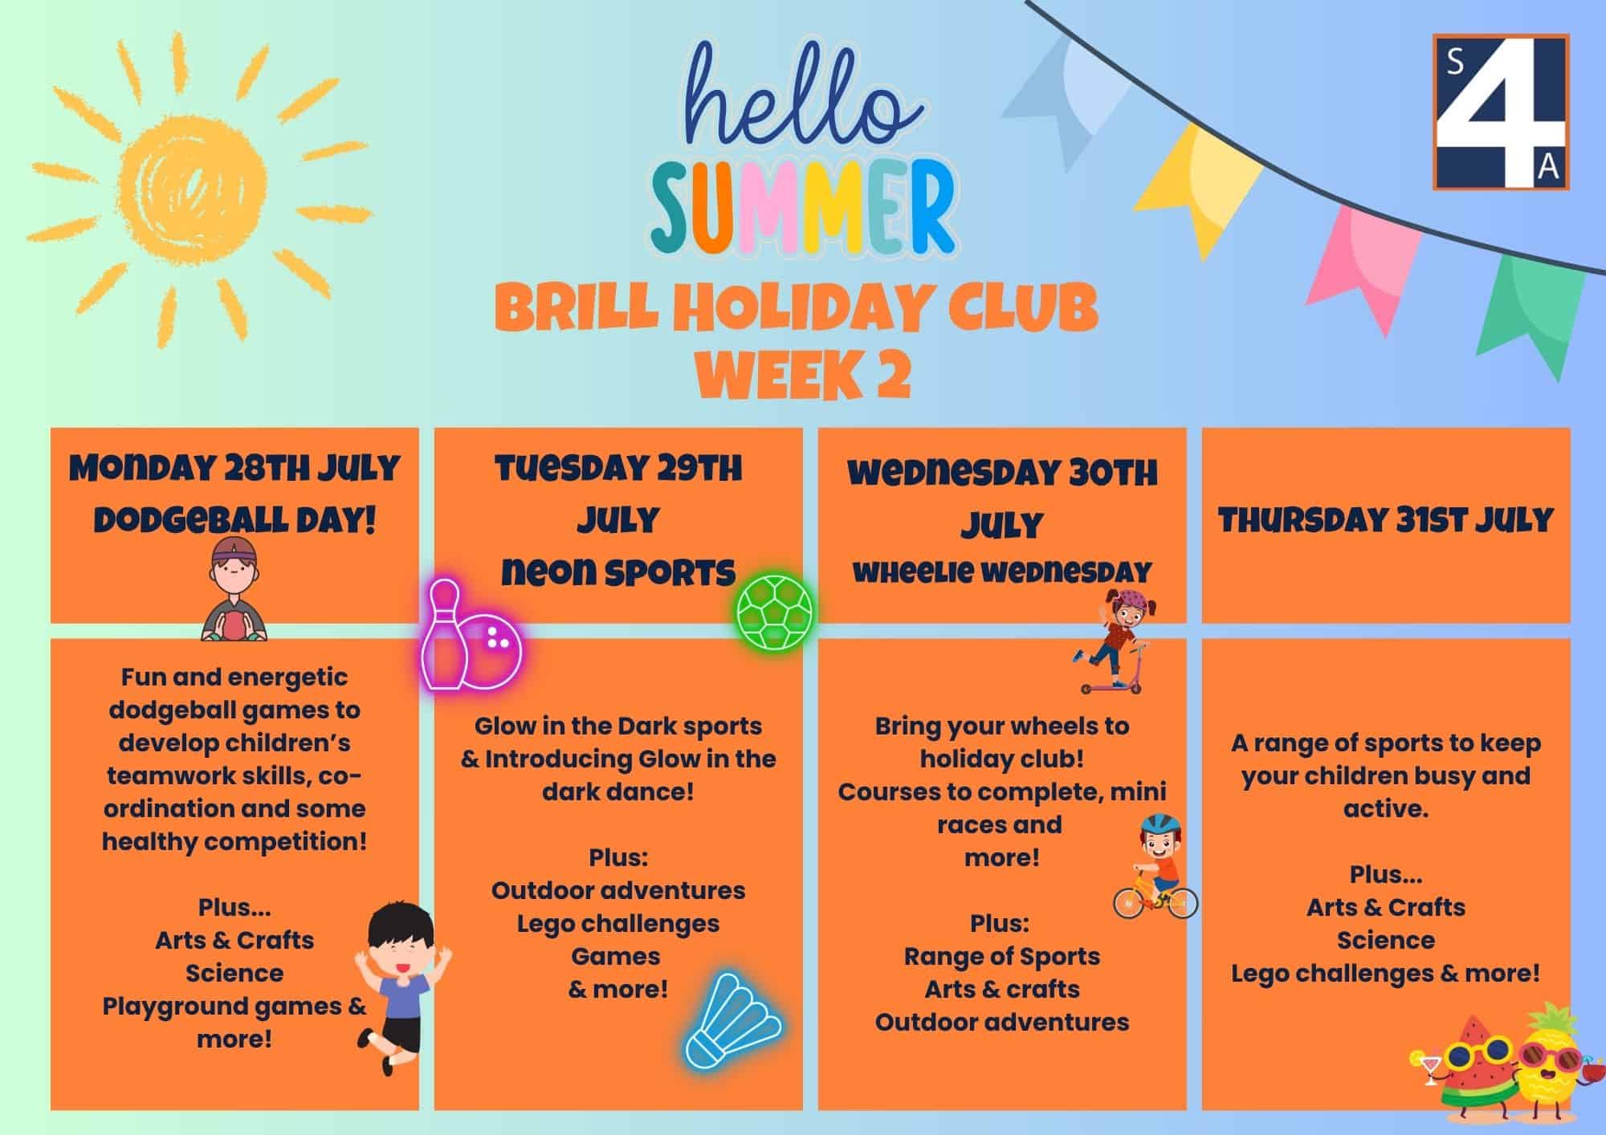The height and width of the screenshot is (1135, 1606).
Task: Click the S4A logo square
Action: coord(1500,112)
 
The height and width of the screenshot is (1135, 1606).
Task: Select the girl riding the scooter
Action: coord(1112,642)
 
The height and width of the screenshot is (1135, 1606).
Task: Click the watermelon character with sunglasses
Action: coord(1467,1076)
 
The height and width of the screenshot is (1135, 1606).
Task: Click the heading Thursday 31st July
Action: coord(1386,520)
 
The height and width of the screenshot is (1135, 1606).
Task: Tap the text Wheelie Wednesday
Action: coord(1002,572)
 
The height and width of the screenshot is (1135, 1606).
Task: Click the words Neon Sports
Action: coord(618,572)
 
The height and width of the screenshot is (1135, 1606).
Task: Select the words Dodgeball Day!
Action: coord(234,520)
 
